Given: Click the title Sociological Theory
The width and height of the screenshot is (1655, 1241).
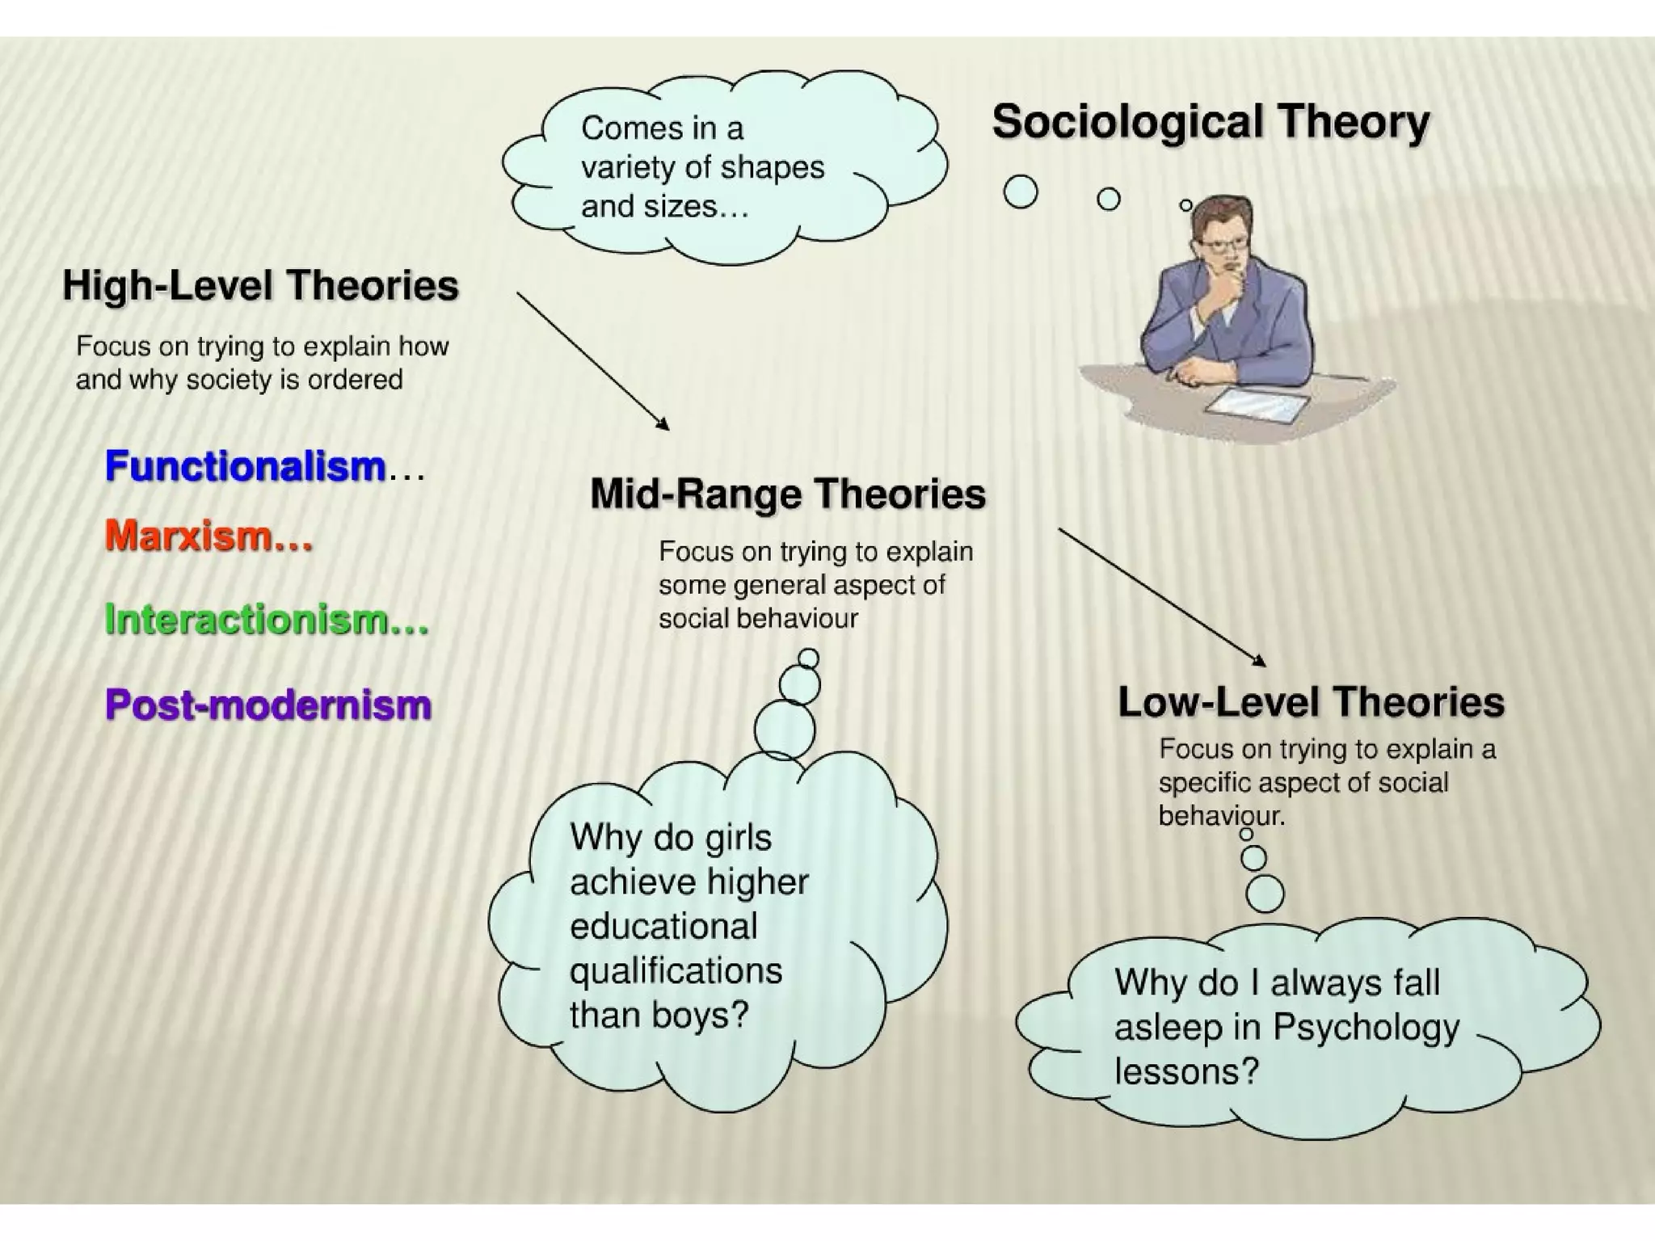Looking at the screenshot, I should point(1210,123).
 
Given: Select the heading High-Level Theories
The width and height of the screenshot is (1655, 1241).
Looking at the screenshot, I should point(260,286).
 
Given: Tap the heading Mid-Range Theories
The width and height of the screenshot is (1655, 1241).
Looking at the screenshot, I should point(788,494).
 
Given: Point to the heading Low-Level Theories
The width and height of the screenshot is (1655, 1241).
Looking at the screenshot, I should point(1311,701).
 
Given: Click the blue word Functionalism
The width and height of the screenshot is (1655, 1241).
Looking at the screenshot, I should point(245,467).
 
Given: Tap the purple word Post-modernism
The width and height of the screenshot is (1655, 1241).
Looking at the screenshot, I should point(268,705).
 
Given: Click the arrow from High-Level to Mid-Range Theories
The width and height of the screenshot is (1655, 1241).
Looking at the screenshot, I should point(592,360).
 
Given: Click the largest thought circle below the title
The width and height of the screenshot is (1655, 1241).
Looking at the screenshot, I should point(1020,191).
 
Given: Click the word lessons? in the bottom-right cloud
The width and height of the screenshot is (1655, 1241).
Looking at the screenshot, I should point(1186,1072).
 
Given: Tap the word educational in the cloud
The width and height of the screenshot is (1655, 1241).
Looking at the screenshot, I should point(663,926).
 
